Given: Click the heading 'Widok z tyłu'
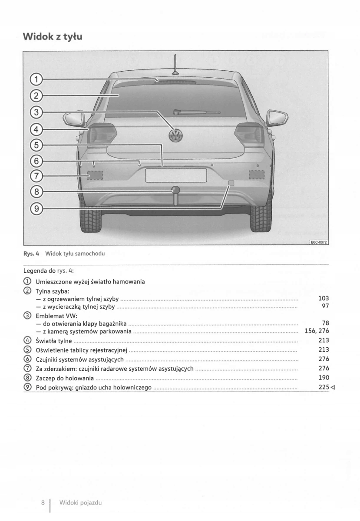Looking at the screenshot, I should tap(53, 36).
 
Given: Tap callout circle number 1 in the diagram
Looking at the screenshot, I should tap(37, 79).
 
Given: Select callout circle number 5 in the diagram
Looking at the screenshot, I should tap(37, 145).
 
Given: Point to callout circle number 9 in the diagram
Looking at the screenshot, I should tap(37, 209).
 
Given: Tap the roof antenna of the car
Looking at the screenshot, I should tap(175, 65).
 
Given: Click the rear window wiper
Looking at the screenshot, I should tap(196, 112).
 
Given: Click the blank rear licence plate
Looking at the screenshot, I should tap(176, 175).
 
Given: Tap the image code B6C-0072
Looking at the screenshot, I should tap(318, 242).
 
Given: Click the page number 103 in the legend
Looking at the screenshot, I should tap(324, 298).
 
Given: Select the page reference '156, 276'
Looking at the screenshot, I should tap(317, 331).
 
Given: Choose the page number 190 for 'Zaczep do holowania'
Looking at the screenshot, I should tap(324, 378).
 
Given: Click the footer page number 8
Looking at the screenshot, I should tap(43, 502).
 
